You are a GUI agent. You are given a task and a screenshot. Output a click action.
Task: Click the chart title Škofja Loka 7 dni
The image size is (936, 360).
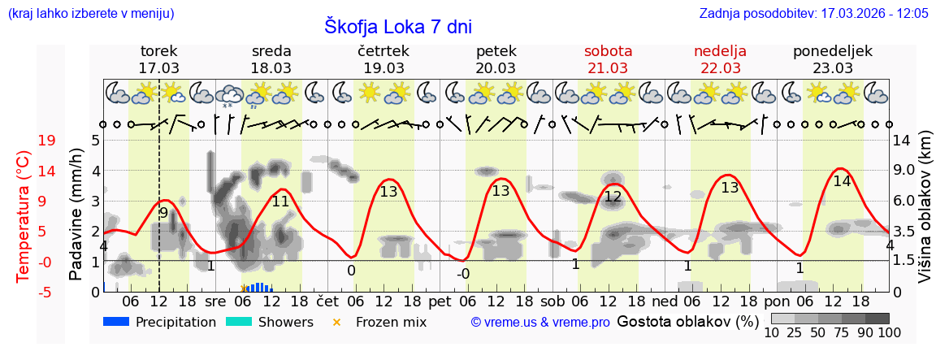[x=397, y=26]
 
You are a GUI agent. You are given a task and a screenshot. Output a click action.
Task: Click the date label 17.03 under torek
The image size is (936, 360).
[x=159, y=68]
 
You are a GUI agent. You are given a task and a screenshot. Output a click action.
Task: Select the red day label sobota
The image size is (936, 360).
[x=608, y=51]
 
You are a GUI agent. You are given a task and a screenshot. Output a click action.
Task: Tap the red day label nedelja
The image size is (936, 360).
[x=720, y=51]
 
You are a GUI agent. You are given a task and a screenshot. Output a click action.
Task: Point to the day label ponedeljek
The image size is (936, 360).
[x=832, y=51]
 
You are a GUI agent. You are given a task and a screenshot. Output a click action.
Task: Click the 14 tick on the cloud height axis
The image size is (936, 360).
[x=903, y=140]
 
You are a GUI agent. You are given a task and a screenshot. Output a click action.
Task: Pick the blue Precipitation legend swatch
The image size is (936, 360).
[x=117, y=322]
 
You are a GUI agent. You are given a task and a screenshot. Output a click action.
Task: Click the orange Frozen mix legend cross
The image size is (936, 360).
[x=337, y=323]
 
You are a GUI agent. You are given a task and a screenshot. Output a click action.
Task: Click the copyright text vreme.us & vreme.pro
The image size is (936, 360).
[x=540, y=323]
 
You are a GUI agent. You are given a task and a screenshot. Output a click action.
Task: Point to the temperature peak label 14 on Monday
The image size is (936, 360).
[x=842, y=181]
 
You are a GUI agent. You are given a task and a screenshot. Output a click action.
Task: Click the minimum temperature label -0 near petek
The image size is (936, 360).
[x=462, y=274]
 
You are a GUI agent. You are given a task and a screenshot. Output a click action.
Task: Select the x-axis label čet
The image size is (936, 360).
[x=327, y=301]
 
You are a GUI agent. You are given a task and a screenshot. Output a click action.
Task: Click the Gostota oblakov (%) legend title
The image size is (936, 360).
[x=688, y=322]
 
